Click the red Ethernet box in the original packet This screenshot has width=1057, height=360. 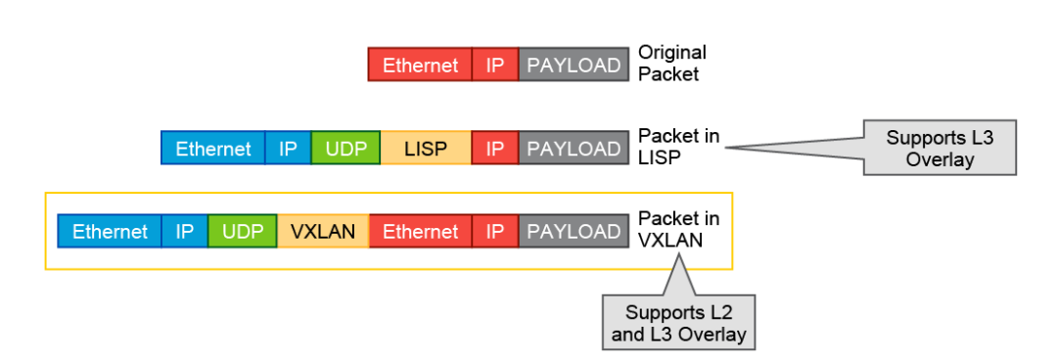[420, 66]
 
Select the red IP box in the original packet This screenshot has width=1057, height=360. [495, 66]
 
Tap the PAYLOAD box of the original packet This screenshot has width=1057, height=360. [574, 66]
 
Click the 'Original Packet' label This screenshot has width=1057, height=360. [671, 63]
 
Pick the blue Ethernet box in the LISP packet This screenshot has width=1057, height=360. [213, 149]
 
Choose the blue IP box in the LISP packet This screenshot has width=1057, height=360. [289, 149]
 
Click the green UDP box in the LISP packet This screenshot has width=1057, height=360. [345, 149]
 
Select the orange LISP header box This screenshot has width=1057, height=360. [425, 149]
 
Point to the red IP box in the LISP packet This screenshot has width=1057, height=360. [495, 149]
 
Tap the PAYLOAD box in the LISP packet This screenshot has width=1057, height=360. [574, 149]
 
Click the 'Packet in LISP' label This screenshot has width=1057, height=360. [678, 146]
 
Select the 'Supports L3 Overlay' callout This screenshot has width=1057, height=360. [939, 148]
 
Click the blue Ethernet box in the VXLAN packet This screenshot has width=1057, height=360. [110, 232]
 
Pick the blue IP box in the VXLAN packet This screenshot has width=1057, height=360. [185, 232]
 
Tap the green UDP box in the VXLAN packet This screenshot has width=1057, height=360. [243, 232]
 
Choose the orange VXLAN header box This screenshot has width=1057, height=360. [323, 232]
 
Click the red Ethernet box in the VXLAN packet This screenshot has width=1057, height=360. [420, 232]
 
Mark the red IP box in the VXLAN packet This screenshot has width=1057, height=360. [495, 232]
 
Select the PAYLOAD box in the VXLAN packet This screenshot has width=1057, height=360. [574, 232]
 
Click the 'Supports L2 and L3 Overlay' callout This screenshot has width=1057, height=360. [679, 324]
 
